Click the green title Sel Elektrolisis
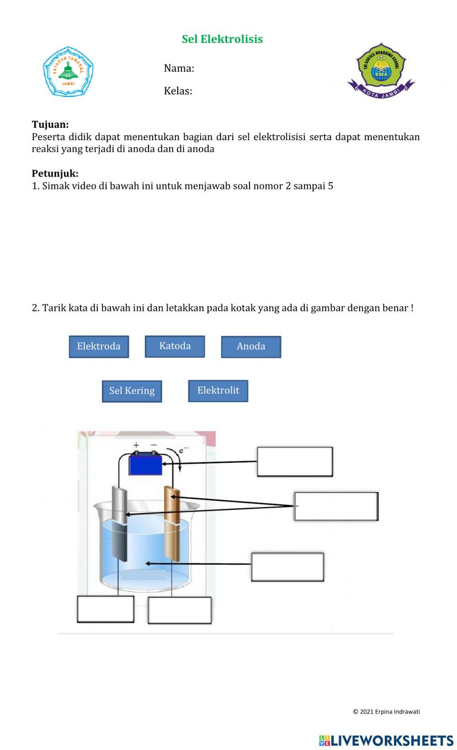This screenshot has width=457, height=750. [x=222, y=39]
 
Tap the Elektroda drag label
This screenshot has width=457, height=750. [x=99, y=346]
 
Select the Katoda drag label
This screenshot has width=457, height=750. [x=175, y=346]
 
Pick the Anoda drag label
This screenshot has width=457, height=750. [x=251, y=346]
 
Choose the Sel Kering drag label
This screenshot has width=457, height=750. [x=132, y=391]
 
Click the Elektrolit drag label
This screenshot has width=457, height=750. [x=218, y=390]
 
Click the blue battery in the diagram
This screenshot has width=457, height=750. [x=145, y=464]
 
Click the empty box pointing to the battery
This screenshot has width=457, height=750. [x=295, y=462]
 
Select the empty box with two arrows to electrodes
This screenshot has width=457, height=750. [x=336, y=506]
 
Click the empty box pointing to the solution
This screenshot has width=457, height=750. [x=287, y=566]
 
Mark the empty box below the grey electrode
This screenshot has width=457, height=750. [x=106, y=609]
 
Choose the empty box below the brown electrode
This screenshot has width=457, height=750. [x=180, y=610]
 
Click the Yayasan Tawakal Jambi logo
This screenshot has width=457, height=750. [x=68, y=71]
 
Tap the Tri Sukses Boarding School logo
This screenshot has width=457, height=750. [x=381, y=70]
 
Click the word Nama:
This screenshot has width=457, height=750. [x=179, y=68]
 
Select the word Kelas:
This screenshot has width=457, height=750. [x=178, y=91]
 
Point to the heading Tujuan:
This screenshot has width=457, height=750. [x=50, y=124]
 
